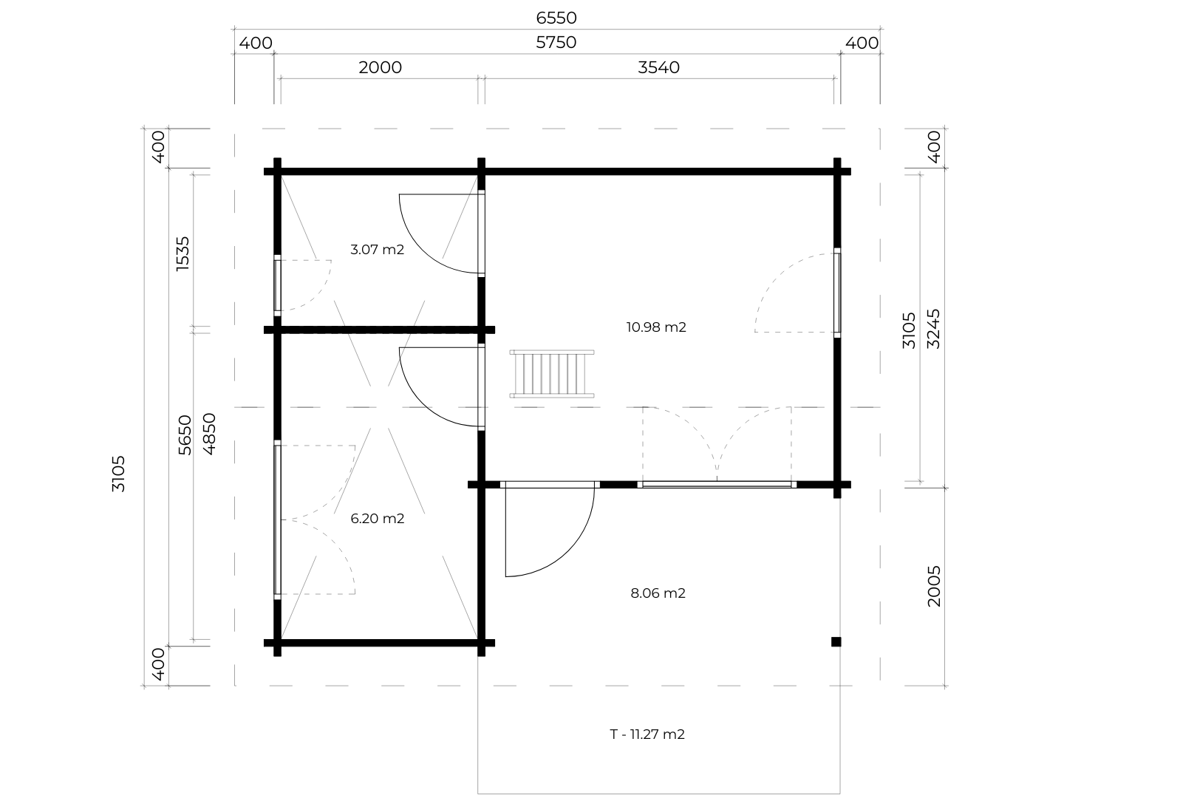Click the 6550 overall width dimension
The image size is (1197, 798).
[x=556, y=18]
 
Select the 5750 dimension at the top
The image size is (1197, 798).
[x=556, y=43]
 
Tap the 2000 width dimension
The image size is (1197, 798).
[x=380, y=68]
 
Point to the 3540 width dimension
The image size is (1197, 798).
[x=659, y=68]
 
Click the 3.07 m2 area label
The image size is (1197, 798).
[x=378, y=250]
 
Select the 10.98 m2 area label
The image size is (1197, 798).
[x=656, y=327]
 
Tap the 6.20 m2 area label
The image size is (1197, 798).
[x=378, y=519]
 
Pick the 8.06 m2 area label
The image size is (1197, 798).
[x=658, y=593]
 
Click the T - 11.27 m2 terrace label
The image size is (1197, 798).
[x=647, y=734]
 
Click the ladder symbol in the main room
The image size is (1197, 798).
[x=552, y=374]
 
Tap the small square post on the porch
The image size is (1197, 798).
[x=836, y=641]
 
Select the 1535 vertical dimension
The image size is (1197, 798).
[x=183, y=253]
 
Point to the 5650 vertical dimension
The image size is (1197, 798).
[x=185, y=435]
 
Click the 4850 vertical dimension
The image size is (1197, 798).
[x=209, y=434]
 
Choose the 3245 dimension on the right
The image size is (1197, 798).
[x=933, y=329]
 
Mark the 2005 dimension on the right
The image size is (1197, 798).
[x=934, y=587]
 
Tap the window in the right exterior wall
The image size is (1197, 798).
[x=837, y=293]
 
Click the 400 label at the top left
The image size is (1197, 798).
[x=256, y=44]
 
